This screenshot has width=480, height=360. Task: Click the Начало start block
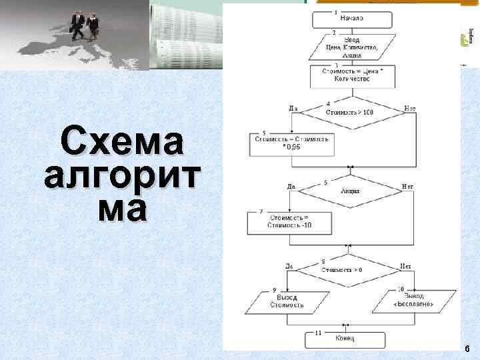351,19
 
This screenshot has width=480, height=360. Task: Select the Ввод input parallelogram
351,48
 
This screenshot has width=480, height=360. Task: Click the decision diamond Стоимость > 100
349,113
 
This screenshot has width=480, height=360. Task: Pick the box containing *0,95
291,143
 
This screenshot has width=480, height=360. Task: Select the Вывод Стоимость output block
287,301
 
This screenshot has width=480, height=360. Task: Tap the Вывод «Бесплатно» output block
414,301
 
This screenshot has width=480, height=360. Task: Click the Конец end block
345,339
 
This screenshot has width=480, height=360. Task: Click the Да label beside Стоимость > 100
293,108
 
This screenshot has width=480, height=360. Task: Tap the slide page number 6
467,349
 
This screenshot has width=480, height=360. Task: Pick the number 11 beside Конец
318,331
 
